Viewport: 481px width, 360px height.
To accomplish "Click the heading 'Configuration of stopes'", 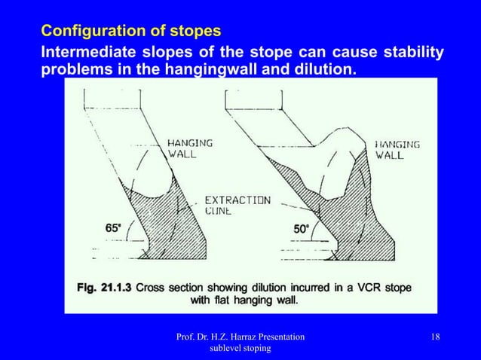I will click(131, 32).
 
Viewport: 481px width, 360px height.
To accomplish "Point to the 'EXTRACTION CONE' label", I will click(237, 206).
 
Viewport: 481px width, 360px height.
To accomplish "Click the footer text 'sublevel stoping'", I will click(240, 349).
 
